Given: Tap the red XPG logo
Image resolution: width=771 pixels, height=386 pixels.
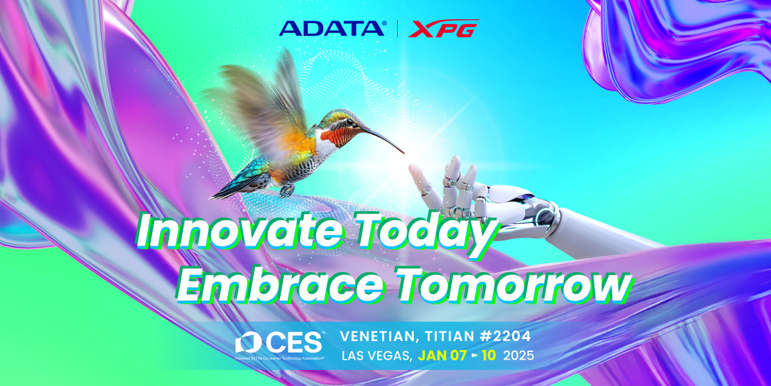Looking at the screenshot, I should click(x=444, y=28).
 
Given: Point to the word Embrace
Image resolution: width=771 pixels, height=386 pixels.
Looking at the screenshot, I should click(x=279, y=286).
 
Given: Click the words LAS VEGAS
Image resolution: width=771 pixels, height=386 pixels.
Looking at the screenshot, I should click(x=377, y=355).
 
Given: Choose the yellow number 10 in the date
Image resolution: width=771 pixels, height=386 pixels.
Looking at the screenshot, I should click(x=488, y=355).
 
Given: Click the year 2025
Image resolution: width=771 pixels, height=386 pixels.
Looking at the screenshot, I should click(x=519, y=355).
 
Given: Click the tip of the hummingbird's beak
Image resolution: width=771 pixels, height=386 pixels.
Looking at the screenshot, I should click(x=404, y=153).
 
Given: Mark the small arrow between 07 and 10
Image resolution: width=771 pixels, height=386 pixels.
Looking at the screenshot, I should click(x=474, y=355).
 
